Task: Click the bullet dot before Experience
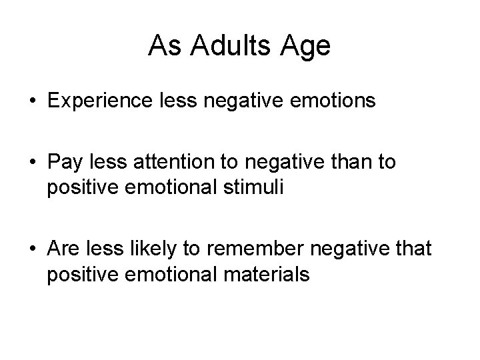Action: coord(33,101)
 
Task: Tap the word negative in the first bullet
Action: coord(238,101)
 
